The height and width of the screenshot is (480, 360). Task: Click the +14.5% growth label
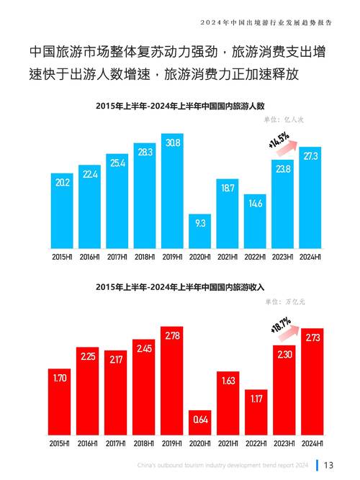278,140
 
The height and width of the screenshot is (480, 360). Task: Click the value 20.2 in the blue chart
62,184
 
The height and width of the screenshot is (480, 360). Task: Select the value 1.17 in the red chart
256,397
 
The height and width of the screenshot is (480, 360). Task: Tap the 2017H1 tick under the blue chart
117,256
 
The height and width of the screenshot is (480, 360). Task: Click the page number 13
328,464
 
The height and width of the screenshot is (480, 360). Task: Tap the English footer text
222,465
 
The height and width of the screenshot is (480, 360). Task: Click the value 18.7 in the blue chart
228,188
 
